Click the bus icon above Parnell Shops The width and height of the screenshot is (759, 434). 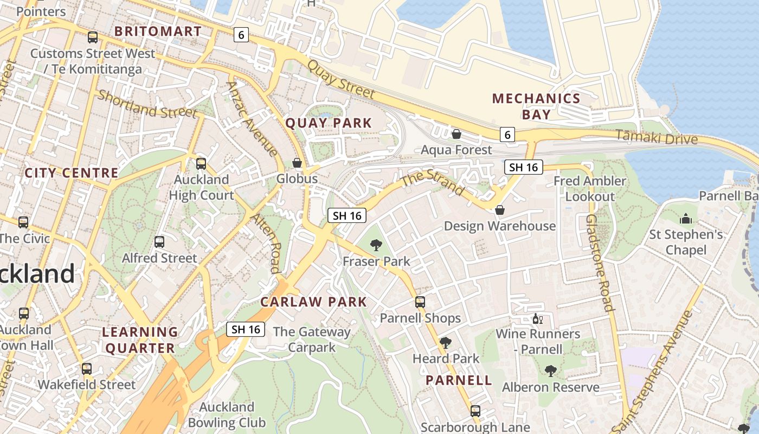click(x=420, y=302)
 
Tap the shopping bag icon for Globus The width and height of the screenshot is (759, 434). click(x=297, y=163)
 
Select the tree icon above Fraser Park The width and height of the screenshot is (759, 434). click(x=376, y=245)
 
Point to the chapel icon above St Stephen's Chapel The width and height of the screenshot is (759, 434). click(x=686, y=219)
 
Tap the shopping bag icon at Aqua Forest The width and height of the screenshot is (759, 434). click(x=456, y=134)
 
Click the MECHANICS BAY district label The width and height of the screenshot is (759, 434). click(x=536, y=106)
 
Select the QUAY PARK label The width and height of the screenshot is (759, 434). click(x=329, y=123)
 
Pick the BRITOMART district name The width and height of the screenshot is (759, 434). click(x=158, y=31)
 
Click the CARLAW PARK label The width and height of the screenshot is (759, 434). click(x=313, y=302)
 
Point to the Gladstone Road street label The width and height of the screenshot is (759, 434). click(x=600, y=263)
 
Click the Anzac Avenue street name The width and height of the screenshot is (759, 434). click(x=253, y=118)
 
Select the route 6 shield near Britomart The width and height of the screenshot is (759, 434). click(x=241, y=35)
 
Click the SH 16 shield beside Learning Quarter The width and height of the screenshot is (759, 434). click(x=246, y=329)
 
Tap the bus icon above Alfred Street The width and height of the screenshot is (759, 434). click(x=159, y=242)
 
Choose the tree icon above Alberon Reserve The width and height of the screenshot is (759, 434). click(x=550, y=371)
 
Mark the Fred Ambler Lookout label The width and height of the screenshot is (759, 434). click(x=589, y=188)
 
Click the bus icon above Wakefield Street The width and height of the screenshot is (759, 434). click(x=87, y=369)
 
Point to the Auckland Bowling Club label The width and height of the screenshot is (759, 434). click(x=227, y=415)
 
